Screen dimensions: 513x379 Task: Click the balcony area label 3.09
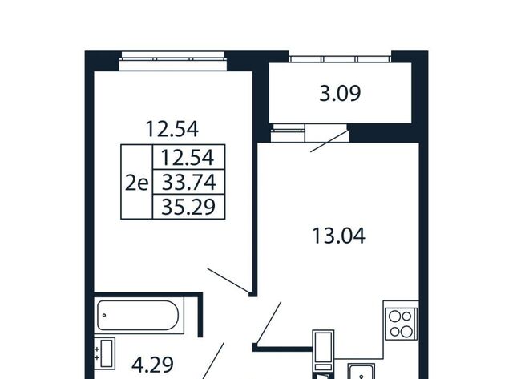pyautogui.click(x=340, y=93)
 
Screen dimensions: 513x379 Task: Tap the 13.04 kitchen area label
pyautogui.click(x=338, y=236)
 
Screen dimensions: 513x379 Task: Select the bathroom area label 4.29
pyautogui.click(x=152, y=365)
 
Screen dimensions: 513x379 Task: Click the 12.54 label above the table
pyautogui.click(x=172, y=129)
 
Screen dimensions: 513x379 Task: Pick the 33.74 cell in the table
pyautogui.click(x=189, y=182)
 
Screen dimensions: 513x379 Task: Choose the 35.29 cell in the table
pyautogui.click(x=188, y=207)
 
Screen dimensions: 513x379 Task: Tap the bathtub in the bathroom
pyautogui.click(x=139, y=315)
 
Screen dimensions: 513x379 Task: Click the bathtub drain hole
pyautogui.click(x=104, y=315)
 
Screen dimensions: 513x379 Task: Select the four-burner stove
pyautogui.click(x=402, y=324)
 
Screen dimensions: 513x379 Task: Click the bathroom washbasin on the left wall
pyautogui.click(x=105, y=353)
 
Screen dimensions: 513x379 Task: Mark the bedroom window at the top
pyautogui.click(x=173, y=61)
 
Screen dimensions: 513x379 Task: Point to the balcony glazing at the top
pyautogui.click(x=340, y=59)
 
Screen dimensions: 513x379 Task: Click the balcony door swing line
pyautogui.click(x=329, y=141)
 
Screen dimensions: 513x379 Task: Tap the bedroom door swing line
pyautogui.click(x=228, y=280)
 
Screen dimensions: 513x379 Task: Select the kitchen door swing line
pyautogui.click(x=269, y=323)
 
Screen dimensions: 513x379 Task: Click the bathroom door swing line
pyautogui.click(x=213, y=361)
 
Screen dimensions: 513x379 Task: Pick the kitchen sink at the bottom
pyautogui.click(x=362, y=372)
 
